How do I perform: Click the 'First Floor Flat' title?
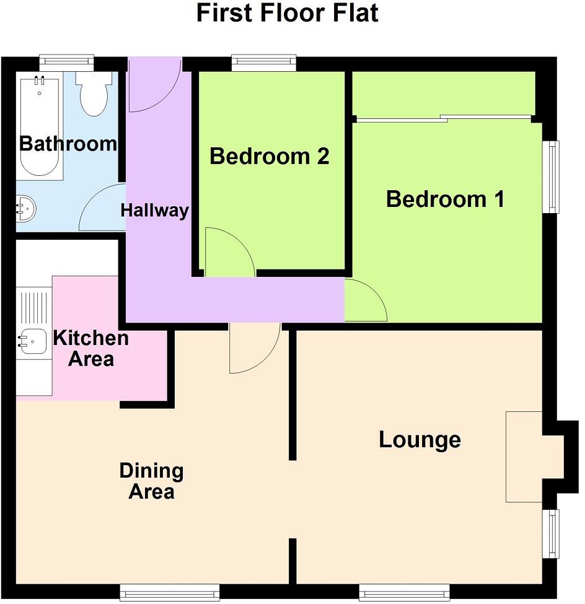287,13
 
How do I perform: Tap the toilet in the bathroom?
94,96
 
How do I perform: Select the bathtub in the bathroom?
41,128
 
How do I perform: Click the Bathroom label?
68,144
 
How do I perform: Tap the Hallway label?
154,210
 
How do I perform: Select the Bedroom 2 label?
269,156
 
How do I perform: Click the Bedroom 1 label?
444,199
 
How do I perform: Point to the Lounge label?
420,440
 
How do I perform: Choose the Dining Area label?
152,481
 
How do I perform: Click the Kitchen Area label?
90,348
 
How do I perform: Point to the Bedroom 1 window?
551,177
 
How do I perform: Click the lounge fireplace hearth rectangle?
524,457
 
